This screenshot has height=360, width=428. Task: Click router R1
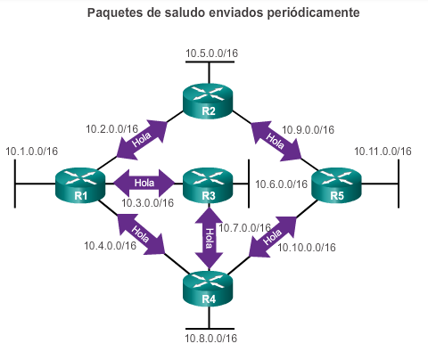(80, 186)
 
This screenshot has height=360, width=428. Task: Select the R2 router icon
(208, 102)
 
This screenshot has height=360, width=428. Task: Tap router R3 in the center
(208, 186)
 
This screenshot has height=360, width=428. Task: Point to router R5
(336, 186)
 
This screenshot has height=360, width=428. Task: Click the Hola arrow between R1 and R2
(142, 140)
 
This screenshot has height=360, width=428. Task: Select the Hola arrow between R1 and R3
(144, 183)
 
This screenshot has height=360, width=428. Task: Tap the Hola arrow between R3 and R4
(209, 238)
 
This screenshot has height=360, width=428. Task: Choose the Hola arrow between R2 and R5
(276, 141)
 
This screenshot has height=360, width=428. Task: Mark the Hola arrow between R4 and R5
(272, 236)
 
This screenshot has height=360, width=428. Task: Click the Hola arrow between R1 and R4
(141, 233)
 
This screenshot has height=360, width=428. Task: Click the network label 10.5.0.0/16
(211, 53)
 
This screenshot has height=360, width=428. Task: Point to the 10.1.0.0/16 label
(32, 151)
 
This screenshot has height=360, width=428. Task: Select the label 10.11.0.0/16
(383, 151)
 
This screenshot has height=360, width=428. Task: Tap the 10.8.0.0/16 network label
(211, 339)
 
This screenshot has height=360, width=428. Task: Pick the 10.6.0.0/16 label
(281, 184)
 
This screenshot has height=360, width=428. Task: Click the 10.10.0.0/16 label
(307, 248)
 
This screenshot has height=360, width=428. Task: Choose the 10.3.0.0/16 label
(147, 203)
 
